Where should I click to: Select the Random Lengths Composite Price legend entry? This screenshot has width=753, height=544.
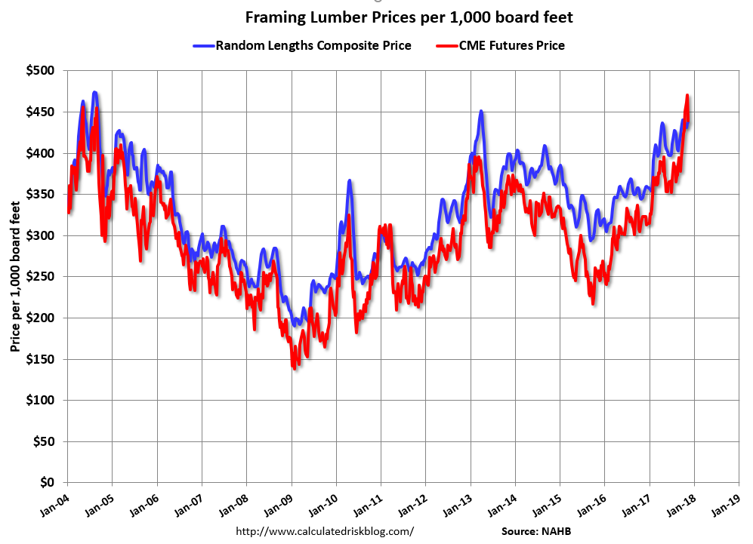pos(303,45)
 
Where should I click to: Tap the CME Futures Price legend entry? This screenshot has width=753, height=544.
pos(501,45)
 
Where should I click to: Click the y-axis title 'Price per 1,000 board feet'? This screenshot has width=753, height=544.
pos(14,276)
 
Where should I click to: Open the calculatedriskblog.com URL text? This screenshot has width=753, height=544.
pos(325,531)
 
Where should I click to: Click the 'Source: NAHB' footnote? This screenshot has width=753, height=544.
pos(537,531)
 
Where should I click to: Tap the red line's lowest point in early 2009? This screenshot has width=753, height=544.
pos(294,367)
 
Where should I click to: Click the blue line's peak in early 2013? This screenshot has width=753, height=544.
pos(481,112)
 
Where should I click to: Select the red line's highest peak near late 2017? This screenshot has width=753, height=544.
pos(687,96)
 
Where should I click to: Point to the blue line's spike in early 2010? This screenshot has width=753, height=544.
pos(349,181)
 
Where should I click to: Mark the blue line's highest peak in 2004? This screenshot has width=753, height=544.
pos(94,93)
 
